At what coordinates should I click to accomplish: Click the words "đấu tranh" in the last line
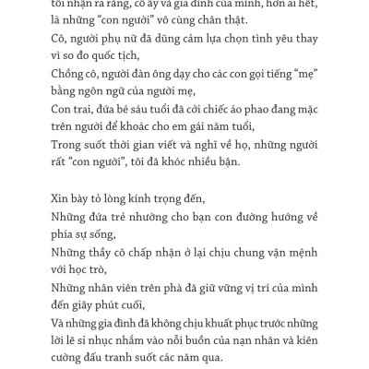[117, 359]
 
